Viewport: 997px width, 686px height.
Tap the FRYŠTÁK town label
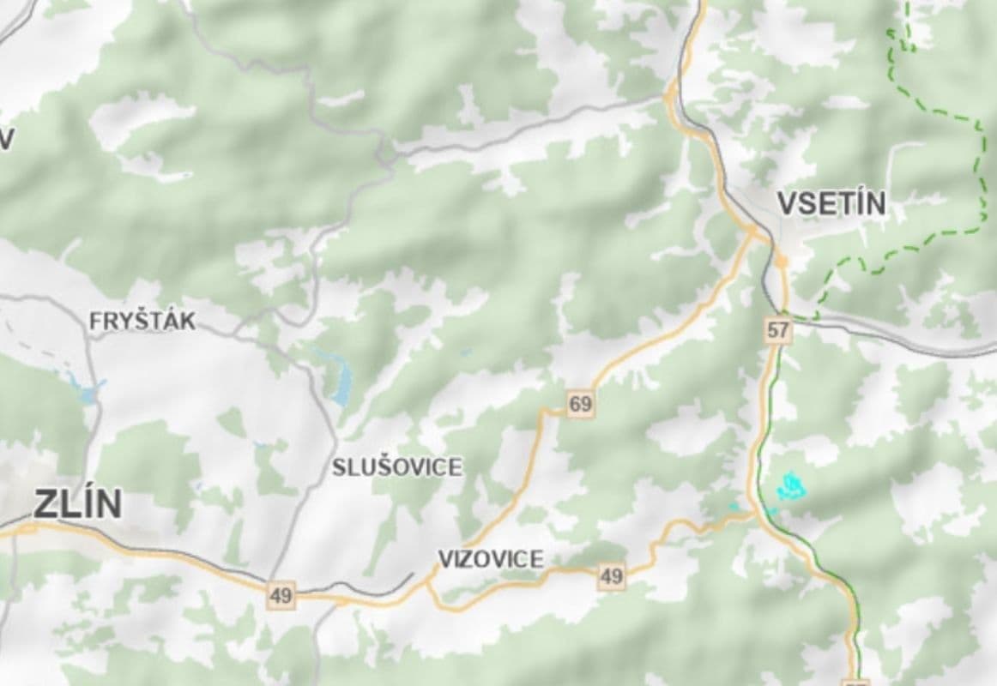(142, 322)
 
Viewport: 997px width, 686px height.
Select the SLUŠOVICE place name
(396, 467)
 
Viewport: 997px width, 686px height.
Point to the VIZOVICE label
(491, 559)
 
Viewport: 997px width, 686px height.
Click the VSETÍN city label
(831, 204)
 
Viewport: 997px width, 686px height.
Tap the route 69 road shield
(581, 404)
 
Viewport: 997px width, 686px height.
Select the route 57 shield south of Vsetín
(778, 329)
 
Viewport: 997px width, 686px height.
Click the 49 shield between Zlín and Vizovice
(281, 595)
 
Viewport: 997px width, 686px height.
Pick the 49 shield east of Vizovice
(612, 576)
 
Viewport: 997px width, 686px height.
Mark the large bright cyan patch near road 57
(791, 486)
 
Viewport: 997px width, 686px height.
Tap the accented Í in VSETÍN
(859, 203)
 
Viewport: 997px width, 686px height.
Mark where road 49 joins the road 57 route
(756, 514)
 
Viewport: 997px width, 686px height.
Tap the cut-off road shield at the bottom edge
(856, 682)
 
